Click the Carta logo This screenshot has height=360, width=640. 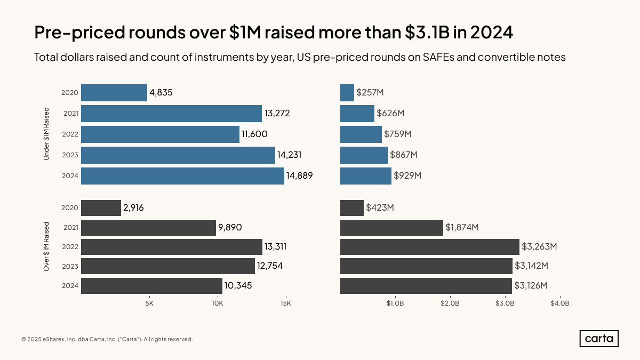pyautogui.click(x=599, y=339)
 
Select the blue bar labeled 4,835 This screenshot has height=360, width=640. pyautogui.click(x=114, y=93)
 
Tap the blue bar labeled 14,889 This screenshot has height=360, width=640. pyautogui.click(x=182, y=176)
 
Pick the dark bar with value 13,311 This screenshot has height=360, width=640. pyautogui.click(x=172, y=247)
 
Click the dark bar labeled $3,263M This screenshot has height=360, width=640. pyautogui.click(x=429, y=247)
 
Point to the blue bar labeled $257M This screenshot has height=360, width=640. pyautogui.click(x=347, y=93)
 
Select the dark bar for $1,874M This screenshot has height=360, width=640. pyautogui.click(x=391, y=228)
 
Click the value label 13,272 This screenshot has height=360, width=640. pyautogui.click(x=277, y=114)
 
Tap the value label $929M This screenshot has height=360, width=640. pyautogui.click(x=407, y=176)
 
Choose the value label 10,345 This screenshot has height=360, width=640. pyautogui.click(x=238, y=286)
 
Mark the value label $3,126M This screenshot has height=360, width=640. pyautogui.click(x=531, y=286)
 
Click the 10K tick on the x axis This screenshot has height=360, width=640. pyautogui.click(x=217, y=304)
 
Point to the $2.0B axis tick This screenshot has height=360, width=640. pyautogui.click(x=450, y=304)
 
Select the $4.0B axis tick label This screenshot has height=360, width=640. pyautogui.click(x=560, y=304)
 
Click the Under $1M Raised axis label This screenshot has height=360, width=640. pyautogui.click(x=46, y=134)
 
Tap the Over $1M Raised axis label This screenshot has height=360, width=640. pyautogui.click(x=46, y=247)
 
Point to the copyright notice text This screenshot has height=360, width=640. pyautogui.click(x=107, y=339)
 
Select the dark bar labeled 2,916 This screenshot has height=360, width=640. pyautogui.click(x=101, y=208)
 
